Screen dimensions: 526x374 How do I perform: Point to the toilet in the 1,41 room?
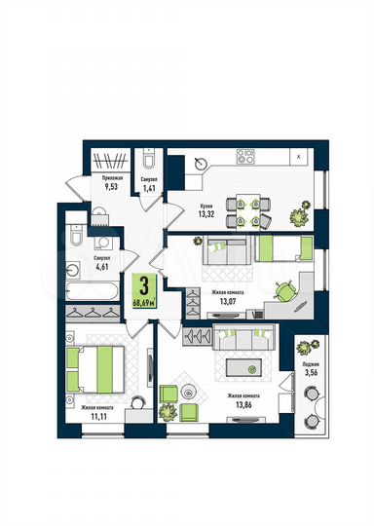[147, 162]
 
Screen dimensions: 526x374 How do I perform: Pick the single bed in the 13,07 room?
[281, 250]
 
